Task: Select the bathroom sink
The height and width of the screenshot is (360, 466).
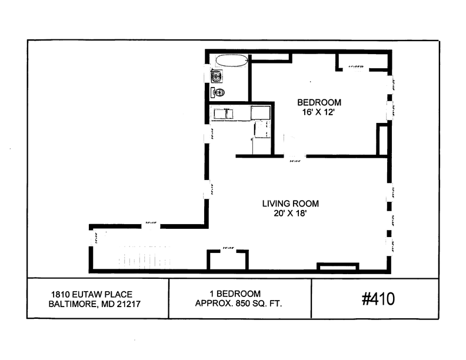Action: click(217, 75)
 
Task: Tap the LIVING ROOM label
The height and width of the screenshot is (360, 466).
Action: click(291, 204)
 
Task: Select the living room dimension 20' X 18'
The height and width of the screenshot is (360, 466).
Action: click(291, 215)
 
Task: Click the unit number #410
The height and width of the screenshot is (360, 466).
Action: click(378, 299)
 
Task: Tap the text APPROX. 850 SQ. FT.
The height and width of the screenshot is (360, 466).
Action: click(239, 304)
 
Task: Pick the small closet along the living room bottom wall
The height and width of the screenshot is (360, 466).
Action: click(227, 261)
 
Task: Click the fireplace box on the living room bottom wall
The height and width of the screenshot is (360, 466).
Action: click(338, 267)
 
